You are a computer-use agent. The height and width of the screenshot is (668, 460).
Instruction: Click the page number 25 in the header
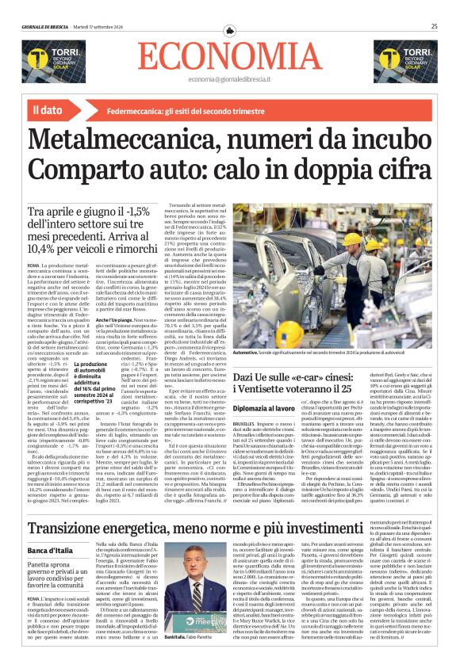coord(435,26)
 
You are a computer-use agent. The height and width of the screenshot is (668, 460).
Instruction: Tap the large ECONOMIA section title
coord(230,56)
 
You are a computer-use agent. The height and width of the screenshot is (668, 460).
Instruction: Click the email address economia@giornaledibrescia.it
coord(230,81)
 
